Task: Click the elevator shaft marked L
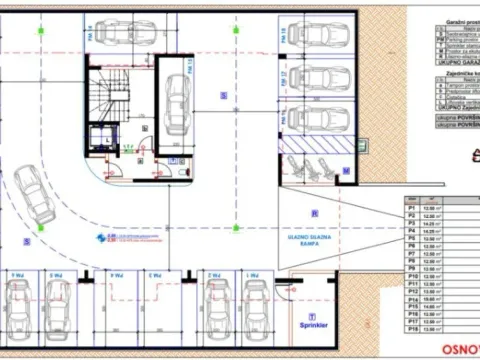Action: (x=101, y=139)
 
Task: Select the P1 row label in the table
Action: (x=410, y=207)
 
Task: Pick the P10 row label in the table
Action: (x=410, y=278)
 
